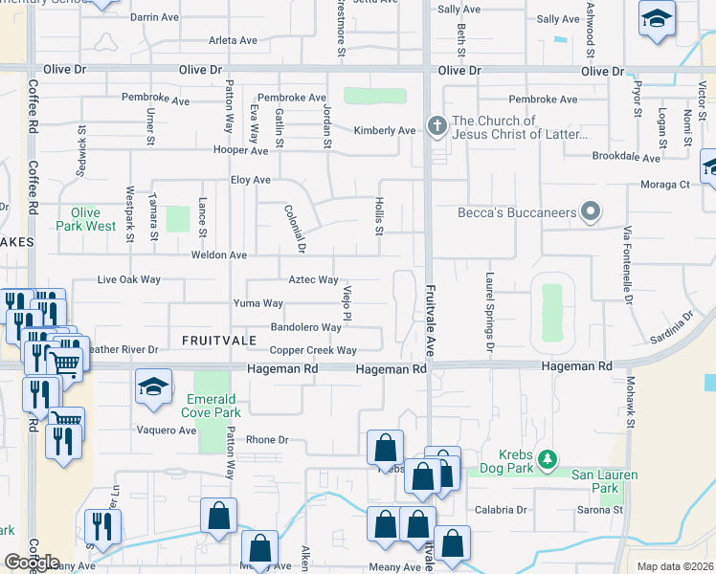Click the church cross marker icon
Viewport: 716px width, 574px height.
coord(436,126)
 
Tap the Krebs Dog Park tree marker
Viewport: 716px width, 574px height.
coord(547,460)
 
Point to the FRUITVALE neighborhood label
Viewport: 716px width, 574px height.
coord(214,341)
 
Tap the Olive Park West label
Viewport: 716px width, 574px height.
coord(93,219)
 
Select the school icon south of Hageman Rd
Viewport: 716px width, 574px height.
coord(153,386)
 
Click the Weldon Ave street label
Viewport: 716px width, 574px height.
coord(219,255)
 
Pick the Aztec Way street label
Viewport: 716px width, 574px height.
coord(314,279)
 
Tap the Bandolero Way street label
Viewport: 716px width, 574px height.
coord(306,327)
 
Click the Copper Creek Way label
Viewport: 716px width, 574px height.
coord(313,351)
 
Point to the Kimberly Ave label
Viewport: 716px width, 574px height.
coord(385,131)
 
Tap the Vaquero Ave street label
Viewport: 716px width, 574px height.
coord(167,430)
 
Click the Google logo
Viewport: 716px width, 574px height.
coord(32,562)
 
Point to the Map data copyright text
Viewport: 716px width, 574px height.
coord(675,566)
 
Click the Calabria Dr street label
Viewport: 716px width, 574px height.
coord(502,510)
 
